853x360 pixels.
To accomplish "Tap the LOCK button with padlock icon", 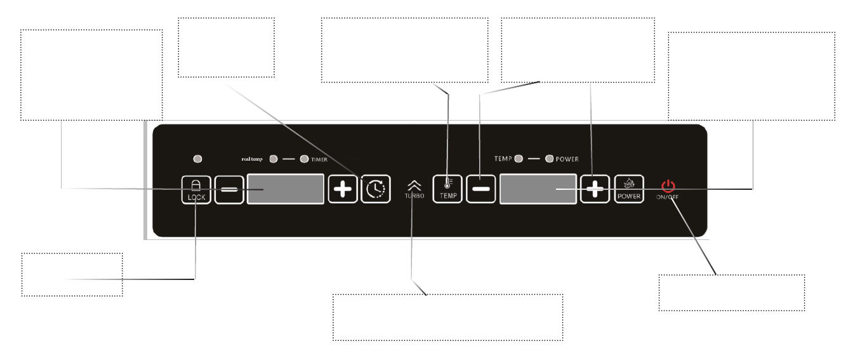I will (195, 189).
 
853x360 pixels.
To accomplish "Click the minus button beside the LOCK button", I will (229, 189).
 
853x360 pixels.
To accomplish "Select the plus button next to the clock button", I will (343, 189).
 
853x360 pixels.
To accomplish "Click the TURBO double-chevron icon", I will (414, 185).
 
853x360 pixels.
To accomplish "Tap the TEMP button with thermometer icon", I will (448, 189).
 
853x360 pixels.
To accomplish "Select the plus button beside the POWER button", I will (595, 189).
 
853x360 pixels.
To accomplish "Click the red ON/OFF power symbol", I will (668, 186).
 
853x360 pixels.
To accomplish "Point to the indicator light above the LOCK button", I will (198, 157).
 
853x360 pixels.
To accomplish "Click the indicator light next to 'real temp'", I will (274, 159).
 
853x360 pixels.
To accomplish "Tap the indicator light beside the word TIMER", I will (304, 159).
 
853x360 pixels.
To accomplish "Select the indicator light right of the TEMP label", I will (519, 158).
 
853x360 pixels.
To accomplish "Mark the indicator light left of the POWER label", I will (550, 158).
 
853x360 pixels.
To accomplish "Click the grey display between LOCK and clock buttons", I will (286, 189).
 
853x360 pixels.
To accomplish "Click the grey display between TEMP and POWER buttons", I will (538, 189).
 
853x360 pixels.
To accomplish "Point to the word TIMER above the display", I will (319, 159).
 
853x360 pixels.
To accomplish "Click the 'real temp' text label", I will (256, 159).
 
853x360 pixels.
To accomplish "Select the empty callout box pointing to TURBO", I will (447, 317).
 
